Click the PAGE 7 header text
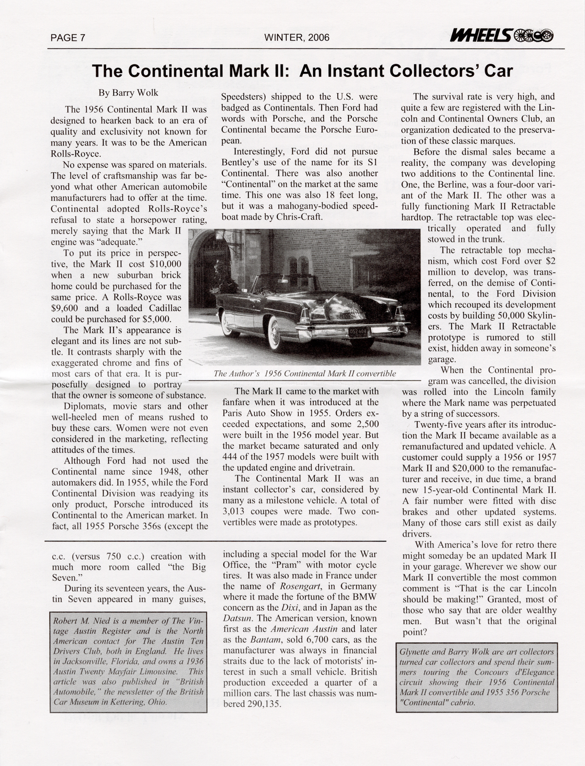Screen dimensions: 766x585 (x=68, y=38)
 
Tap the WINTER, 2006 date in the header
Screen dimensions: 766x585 (x=297, y=38)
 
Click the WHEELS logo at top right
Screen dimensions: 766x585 (x=502, y=36)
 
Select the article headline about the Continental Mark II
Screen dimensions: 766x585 (x=302, y=71)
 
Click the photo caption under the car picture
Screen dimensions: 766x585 (x=304, y=373)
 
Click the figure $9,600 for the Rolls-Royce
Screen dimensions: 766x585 (x=67, y=308)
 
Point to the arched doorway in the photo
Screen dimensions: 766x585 (x=207, y=273)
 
